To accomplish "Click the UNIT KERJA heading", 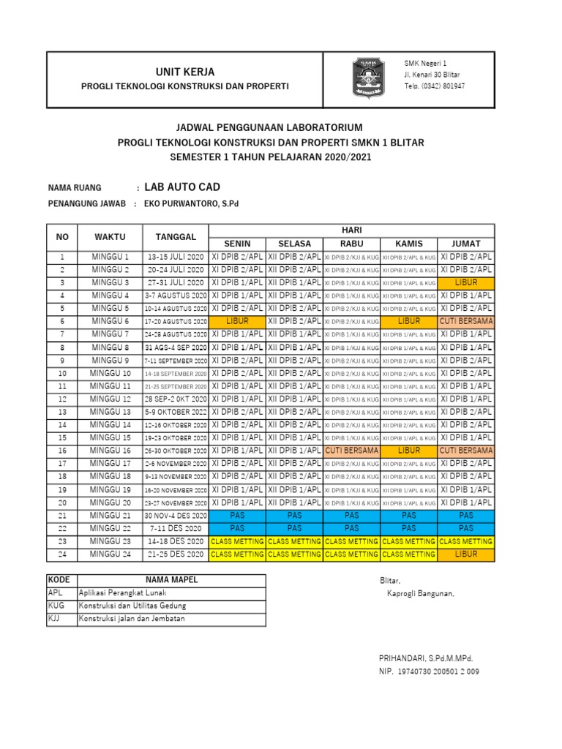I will click(x=185, y=71).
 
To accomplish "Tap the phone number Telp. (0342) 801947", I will click(x=434, y=86).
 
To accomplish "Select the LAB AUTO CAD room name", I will click(x=181, y=187).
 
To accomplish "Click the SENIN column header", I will click(x=237, y=243).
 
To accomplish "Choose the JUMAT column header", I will click(x=466, y=243).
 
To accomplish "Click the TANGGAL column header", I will click(x=176, y=236).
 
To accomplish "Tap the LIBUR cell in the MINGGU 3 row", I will click(x=466, y=282).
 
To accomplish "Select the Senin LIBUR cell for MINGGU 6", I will click(x=237, y=321).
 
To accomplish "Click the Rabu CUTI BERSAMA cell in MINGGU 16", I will click(x=351, y=451).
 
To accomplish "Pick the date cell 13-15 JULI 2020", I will click(x=176, y=257).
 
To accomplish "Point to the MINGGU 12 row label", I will click(x=110, y=399).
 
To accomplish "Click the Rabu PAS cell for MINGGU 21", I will click(x=351, y=515).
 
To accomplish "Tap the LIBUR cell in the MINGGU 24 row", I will click(x=466, y=554).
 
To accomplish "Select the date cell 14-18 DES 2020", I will click(x=176, y=541).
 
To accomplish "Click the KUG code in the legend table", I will click(x=55, y=606).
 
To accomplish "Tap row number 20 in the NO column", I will click(x=62, y=503).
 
